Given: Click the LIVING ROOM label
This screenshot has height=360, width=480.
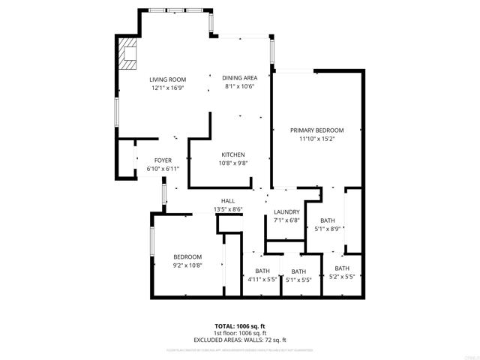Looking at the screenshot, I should pyautogui.click(x=167, y=79).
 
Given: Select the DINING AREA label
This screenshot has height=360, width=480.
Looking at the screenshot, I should pyautogui.click(x=240, y=78).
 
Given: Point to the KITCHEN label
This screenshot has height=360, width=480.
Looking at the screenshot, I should pyautogui.click(x=232, y=154).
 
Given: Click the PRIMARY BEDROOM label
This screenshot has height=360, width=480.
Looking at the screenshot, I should pyautogui.click(x=317, y=130).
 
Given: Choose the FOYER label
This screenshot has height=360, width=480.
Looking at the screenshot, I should pyautogui.click(x=163, y=160).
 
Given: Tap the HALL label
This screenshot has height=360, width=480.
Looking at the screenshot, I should pyautogui.click(x=228, y=201).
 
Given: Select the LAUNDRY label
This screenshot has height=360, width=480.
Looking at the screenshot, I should pyautogui.click(x=286, y=212).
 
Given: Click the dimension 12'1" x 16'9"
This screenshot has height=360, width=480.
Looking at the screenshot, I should pyautogui.click(x=167, y=88).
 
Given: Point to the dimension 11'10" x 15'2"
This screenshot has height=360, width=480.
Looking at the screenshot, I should pyautogui.click(x=317, y=139).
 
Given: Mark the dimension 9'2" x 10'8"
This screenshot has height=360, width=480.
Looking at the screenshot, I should pyautogui.click(x=187, y=265).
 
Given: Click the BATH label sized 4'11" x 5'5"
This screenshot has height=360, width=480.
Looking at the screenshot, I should pyautogui.click(x=262, y=271).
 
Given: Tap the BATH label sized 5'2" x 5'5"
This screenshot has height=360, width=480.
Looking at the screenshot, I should pyautogui.click(x=342, y=268).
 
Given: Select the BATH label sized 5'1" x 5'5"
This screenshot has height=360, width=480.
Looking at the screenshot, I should pyautogui.click(x=298, y=272).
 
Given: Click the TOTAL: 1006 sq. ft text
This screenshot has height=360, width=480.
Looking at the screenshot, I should pyautogui.click(x=240, y=326).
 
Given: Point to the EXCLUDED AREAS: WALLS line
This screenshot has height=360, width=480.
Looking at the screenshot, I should pyautogui.click(x=240, y=340).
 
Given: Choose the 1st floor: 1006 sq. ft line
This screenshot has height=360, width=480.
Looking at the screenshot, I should pyautogui.click(x=240, y=333).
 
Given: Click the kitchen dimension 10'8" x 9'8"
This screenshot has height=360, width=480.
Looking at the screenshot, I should pyautogui.click(x=232, y=163).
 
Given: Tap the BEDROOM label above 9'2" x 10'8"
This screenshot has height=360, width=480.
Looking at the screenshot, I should pyautogui.click(x=187, y=256).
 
